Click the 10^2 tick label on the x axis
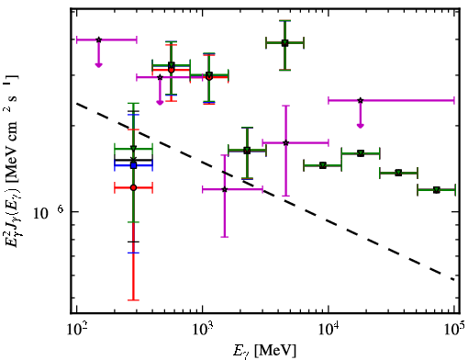[x=76, y=329]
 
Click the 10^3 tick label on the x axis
[x=202, y=329]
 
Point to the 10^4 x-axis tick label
[x=329, y=329]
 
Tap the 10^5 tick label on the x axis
[x=454, y=329]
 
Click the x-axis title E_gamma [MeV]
[x=264, y=351]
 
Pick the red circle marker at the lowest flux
[x=133, y=187]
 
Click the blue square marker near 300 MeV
[x=133, y=165]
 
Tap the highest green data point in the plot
[x=284, y=42]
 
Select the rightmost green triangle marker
[x=437, y=190]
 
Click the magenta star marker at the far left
[x=98, y=39]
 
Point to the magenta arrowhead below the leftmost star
[x=98, y=64]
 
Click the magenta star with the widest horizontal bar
[x=361, y=100]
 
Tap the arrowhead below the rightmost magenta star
[x=361, y=126]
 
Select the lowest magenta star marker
[x=225, y=189]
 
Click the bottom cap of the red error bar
[x=133, y=300]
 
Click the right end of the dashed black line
[x=453, y=279]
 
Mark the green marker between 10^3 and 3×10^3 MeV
[x=247, y=151]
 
